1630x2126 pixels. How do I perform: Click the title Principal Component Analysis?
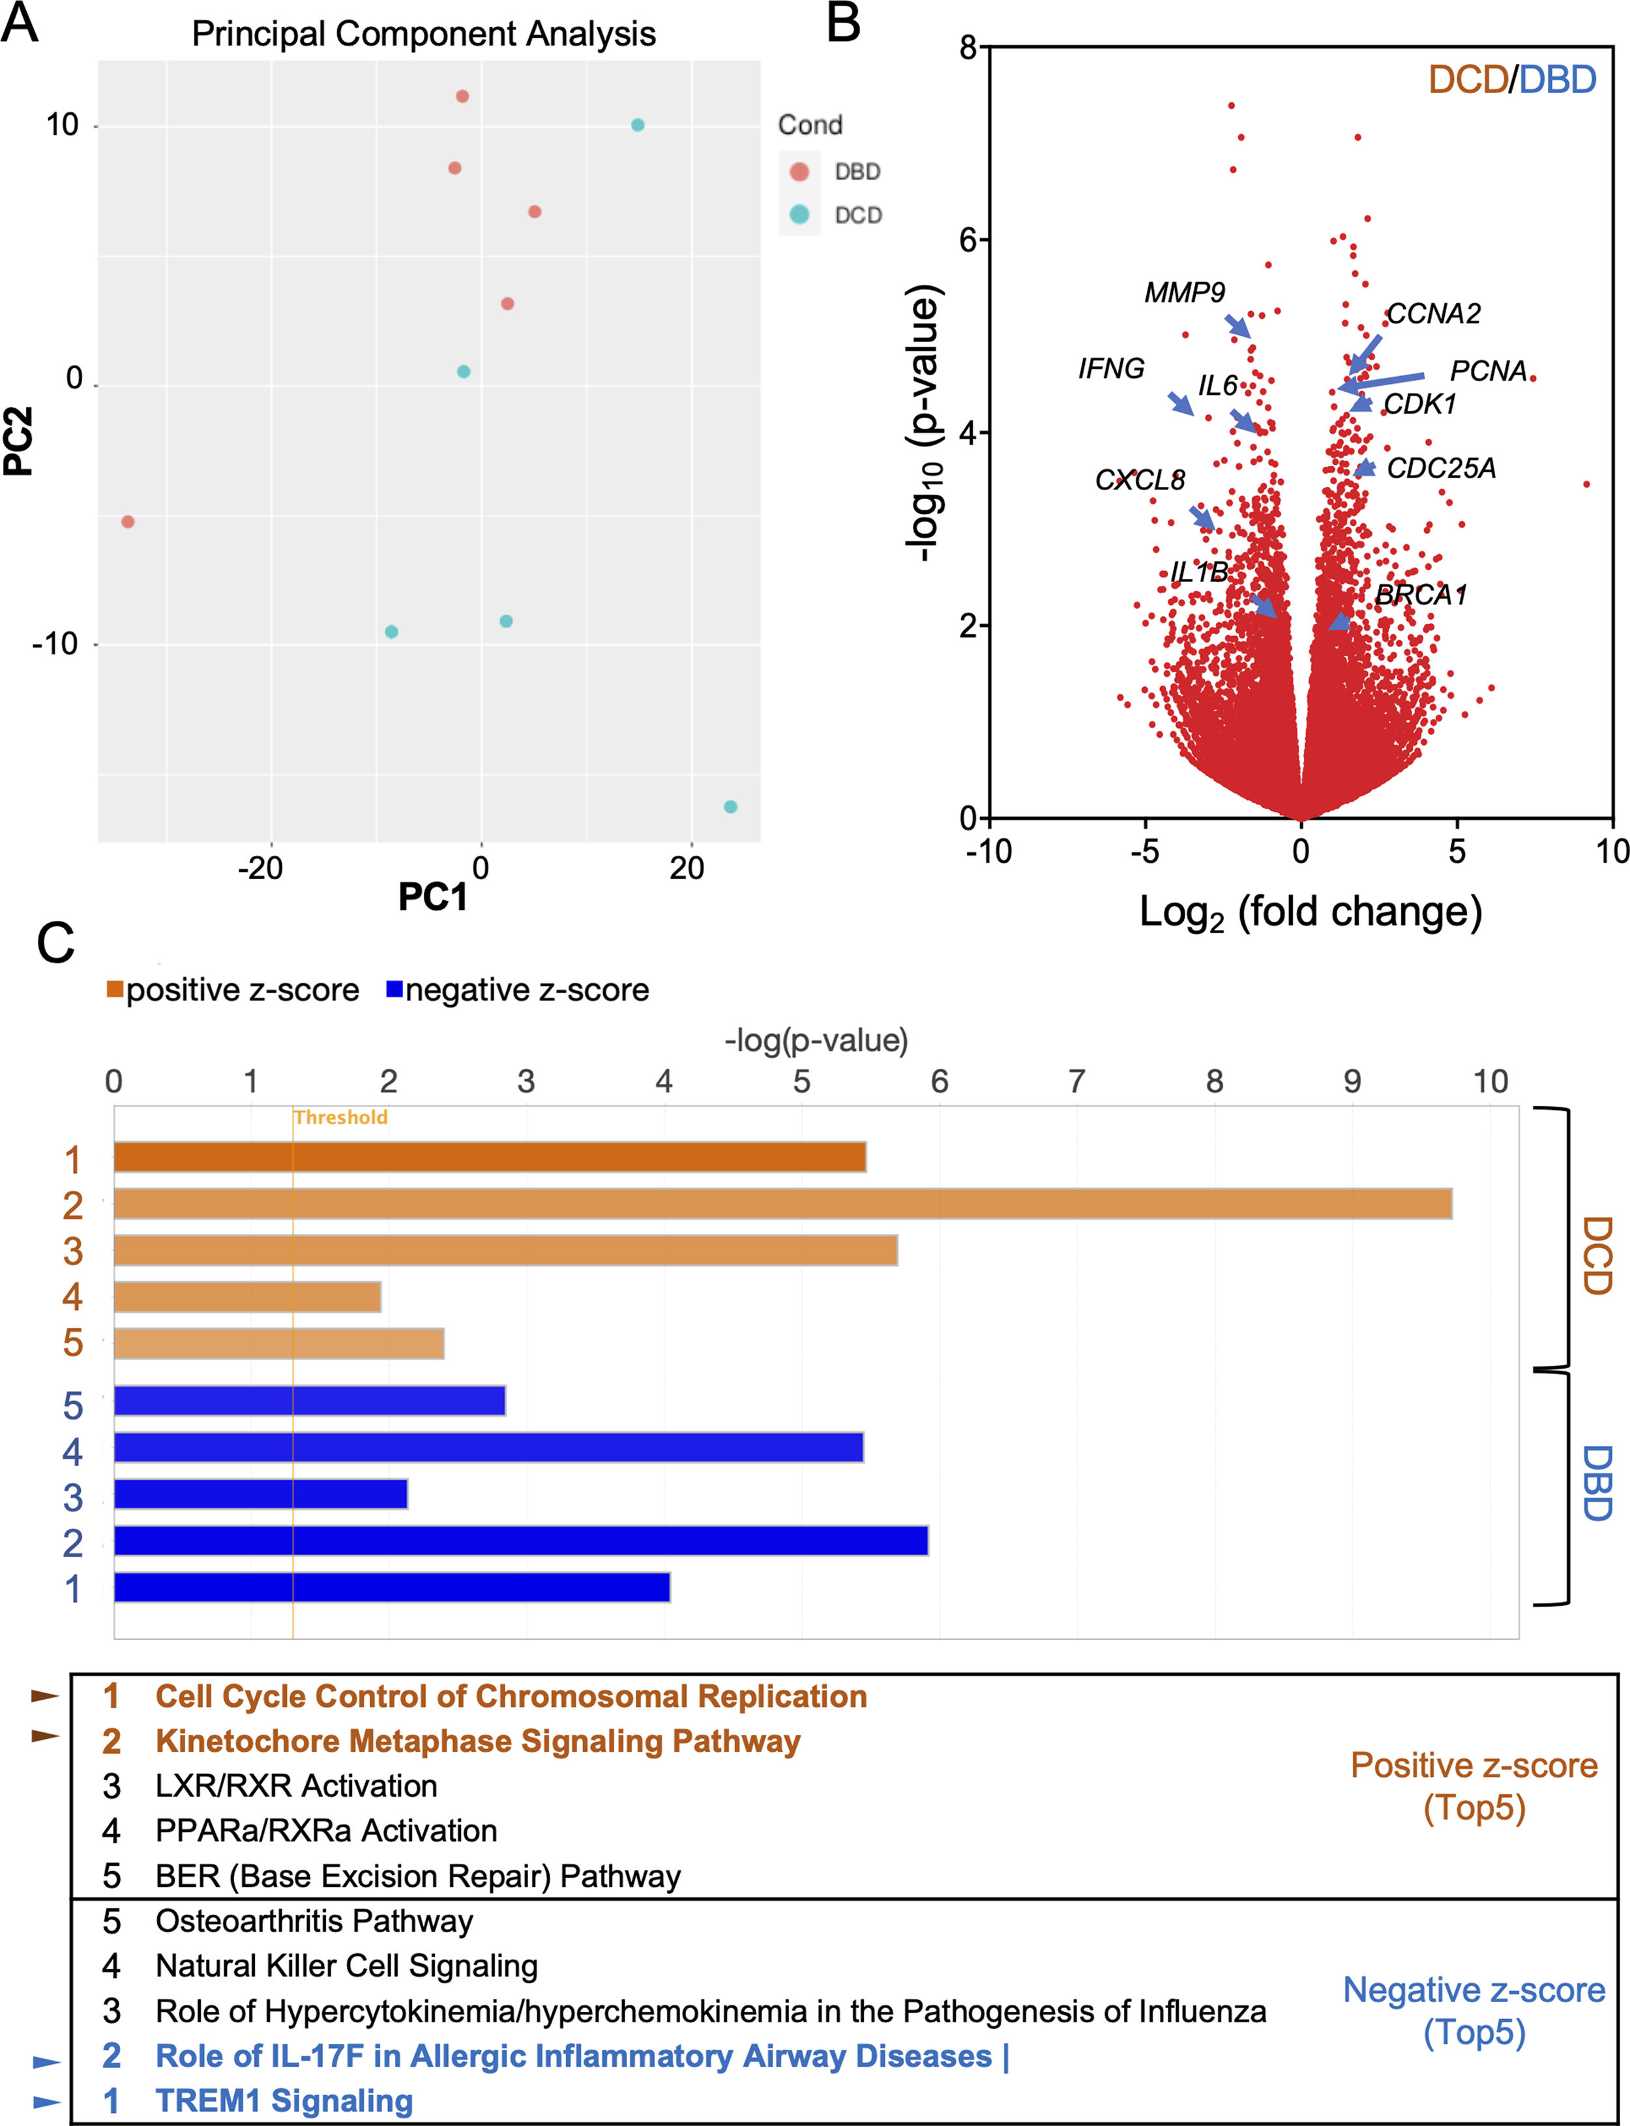[423, 34]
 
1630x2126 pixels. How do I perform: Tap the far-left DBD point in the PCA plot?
[127, 522]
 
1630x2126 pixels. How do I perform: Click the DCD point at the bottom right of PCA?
[731, 807]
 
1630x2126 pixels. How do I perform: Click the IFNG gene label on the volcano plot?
[1111, 368]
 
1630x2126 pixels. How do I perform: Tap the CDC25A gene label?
[1441, 469]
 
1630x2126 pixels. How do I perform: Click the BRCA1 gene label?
[1421, 594]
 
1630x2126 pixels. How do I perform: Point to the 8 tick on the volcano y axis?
[968, 46]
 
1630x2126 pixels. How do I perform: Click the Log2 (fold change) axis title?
[1310, 912]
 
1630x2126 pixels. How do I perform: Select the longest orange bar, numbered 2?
[782, 1204]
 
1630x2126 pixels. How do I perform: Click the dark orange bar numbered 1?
[489, 1157]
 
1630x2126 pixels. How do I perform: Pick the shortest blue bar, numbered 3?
[260, 1494]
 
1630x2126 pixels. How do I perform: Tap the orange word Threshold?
[340, 1117]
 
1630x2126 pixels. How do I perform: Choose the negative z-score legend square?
[394, 989]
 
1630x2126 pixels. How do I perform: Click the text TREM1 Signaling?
[284, 2101]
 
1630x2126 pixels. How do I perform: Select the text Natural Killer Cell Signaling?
[346, 1965]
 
